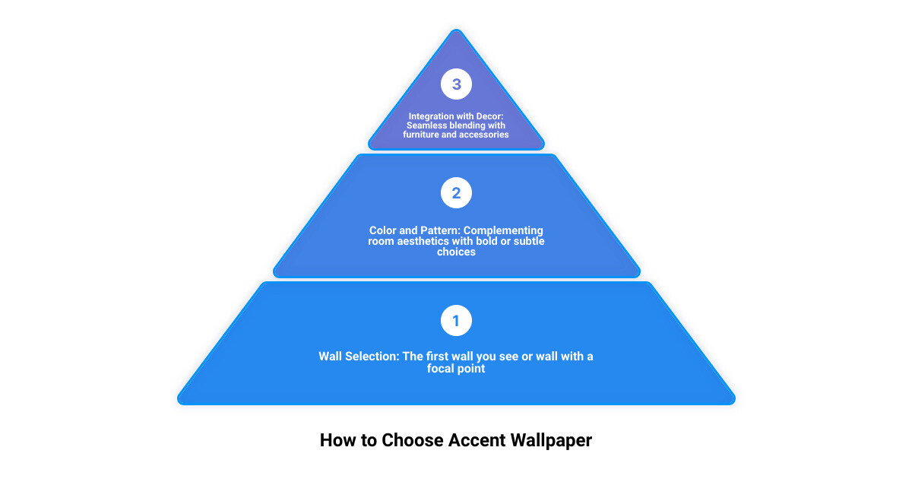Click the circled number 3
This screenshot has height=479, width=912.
(x=456, y=84)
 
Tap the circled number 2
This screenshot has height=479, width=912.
(x=456, y=192)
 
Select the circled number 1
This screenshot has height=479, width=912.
(x=456, y=321)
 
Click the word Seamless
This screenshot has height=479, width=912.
(x=426, y=125)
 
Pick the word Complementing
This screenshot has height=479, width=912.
(x=503, y=231)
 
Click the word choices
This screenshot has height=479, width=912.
(x=456, y=252)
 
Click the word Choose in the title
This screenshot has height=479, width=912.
(x=412, y=440)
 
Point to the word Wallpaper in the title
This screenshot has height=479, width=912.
(x=551, y=441)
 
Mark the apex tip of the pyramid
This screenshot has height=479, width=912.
(x=457, y=30)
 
